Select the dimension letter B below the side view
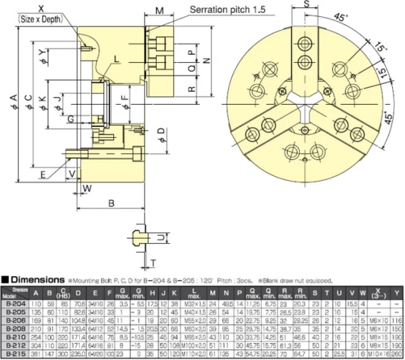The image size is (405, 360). [112, 203]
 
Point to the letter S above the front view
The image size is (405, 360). [307, 5]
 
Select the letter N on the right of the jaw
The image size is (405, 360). [206, 60]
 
